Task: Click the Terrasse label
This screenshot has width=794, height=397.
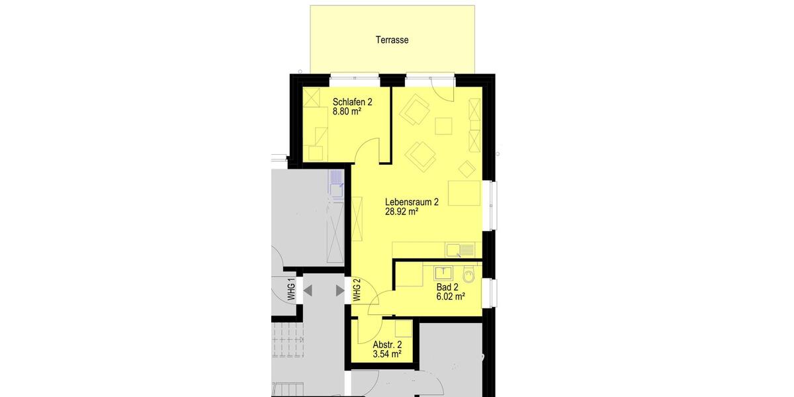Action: click(x=392, y=40)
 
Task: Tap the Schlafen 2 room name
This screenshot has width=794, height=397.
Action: click(x=352, y=102)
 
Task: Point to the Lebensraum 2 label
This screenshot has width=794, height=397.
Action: click(x=412, y=202)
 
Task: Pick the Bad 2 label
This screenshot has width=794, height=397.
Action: click(x=447, y=287)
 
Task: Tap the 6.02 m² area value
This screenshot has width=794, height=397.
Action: click(x=450, y=297)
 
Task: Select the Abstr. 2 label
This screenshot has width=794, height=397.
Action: click(x=387, y=345)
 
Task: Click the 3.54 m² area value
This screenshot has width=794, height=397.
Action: click(x=387, y=355)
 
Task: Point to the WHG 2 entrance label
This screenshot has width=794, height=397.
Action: click(x=357, y=290)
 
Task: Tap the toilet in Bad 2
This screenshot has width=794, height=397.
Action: click(x=470, y=274)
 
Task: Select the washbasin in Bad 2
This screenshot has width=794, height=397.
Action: click(x=441, y=271)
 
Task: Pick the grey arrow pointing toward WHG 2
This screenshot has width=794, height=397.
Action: click(x=339, y=290)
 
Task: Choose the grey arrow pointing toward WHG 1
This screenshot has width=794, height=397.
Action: click(x=308, y=290)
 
